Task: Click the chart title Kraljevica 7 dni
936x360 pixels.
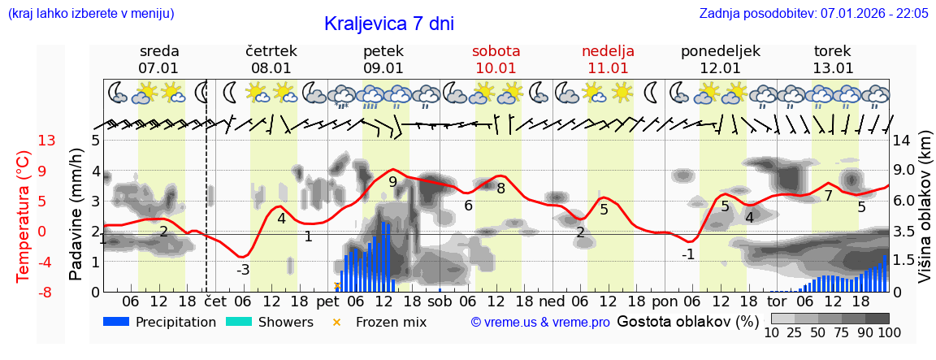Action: point(388,24)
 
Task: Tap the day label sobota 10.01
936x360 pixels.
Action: point(496,59)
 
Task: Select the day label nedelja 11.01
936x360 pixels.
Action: point(608,59)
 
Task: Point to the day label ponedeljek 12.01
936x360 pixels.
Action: point(720,59)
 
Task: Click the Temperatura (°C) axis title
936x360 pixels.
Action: point(24,215)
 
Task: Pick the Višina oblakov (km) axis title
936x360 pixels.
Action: point(925,215)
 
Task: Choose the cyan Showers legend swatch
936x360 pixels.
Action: point(239,322)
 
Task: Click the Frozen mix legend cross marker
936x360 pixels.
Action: point(338,322)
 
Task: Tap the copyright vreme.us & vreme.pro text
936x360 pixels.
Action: point(540,323)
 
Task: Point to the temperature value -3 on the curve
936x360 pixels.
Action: point(242,270)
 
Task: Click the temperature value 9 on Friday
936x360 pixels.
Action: point(392,182)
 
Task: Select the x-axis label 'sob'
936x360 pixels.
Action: point(440,301)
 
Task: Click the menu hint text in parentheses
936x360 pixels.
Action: point(90,13)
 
